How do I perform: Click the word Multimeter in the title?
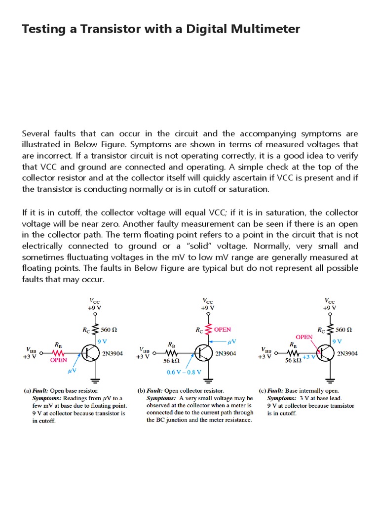(267, 29)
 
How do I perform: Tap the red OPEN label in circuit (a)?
(58, 361)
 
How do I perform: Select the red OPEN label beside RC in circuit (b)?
(222, 329)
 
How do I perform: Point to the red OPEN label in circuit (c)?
(304, 337)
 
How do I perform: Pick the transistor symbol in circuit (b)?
(204, 353)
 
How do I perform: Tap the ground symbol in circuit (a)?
(94, 380)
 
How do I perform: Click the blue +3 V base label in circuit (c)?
(309, 357)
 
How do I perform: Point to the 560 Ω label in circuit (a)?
(109, 329)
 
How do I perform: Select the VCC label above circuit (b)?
(207, 300)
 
